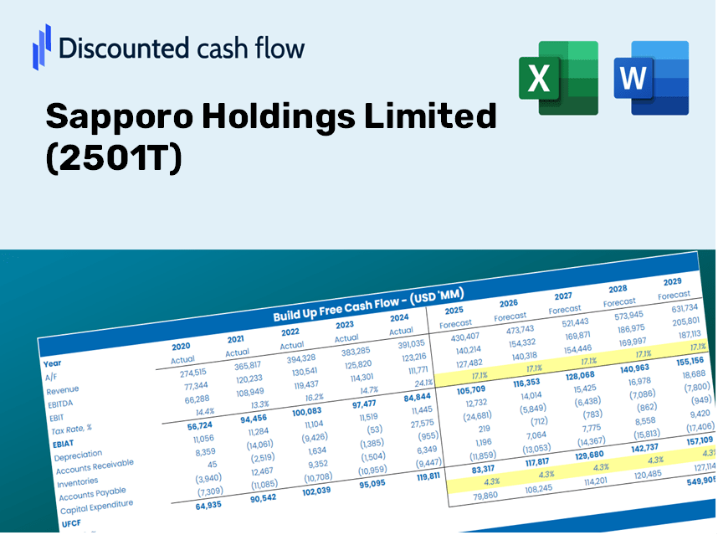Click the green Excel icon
pyautogui.click(x=558, y=77)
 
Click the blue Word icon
pyautogui.click(x=650, y=77)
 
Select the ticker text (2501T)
pyautogui.click(x=113, y=159)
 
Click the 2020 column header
pyautogui.click(x=181, y=346)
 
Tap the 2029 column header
pyautogui.click(x=672, y=281)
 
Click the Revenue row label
pyautogui.click(x=63, y=390)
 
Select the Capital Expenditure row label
pyautogui.click(x=96, y=504)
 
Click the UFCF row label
pyautogui.click(x=70, y=523)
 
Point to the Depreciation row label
pyautogui.click(x=78, y=455)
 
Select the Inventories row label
pyautogui.click(x=79, y=481)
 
